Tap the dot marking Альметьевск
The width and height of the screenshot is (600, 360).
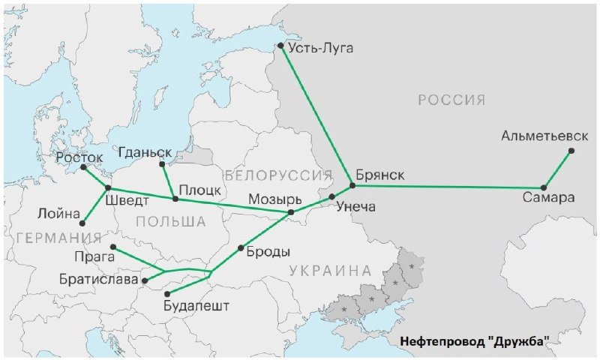[571, 151]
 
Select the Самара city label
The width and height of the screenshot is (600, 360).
[550, 199]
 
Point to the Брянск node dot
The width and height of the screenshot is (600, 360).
[351, 185]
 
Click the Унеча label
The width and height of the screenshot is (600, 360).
[355, 206]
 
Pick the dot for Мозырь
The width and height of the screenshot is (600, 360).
[292, 212]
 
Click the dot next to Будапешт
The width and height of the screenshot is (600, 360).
[167, 293]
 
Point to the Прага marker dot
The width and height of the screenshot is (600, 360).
[112, 247]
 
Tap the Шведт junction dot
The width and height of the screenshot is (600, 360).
[108, 187]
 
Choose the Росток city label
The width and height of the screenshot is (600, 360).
[79, 158]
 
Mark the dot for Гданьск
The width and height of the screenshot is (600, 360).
[161, 164]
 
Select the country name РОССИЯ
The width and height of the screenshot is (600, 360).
[451, 100]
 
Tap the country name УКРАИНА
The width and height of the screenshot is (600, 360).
[331, 270]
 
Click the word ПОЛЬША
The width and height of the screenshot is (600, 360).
[171, 221]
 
